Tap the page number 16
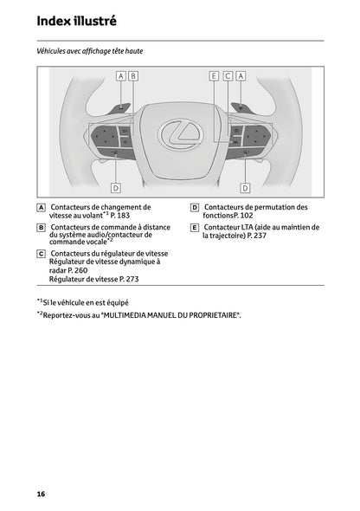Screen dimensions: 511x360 pyautogui.click(x=41, y=494)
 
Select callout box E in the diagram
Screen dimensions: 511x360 pyautogui.click(x=214, y=76)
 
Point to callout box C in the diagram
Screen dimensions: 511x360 pyautogui.click(x=228, y=76)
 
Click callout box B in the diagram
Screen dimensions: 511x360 pyautogui.click(x=133, y=76)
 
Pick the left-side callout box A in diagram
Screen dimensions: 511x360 pyautogui.click(x=120, y=76)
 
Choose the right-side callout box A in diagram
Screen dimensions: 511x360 pyautogui.click(x=241, y=76)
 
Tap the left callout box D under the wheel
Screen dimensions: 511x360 pyautogui.click(x=115, y=187)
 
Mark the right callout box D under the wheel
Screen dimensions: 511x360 pyautogui.click(x=245, y=187)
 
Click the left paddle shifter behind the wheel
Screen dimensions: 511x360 pyautogui.click(x=119, y=108)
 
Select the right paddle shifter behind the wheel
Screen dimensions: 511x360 pyautogui.click(x=241, y=108)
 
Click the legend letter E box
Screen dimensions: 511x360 pyautogui.click(x=195, y=227)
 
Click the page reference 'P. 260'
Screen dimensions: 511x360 pyautogui.click(x=73, y=270)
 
